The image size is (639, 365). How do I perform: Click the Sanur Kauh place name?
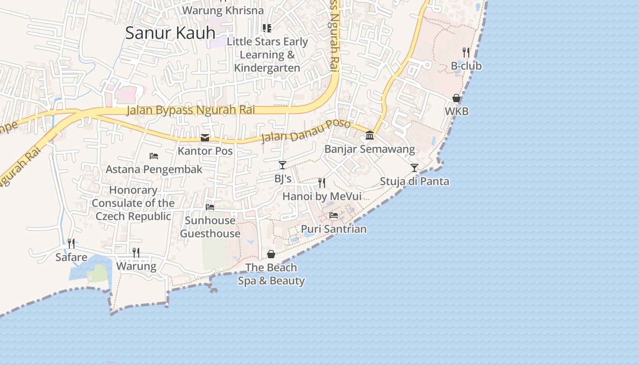tap(170, 33)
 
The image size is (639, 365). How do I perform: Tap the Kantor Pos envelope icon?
tap(205, 138)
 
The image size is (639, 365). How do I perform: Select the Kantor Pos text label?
tap(205, 151)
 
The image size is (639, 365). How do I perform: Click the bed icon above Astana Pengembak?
tap(154, 156)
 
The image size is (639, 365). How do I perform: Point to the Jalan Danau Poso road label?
tap(306, 131)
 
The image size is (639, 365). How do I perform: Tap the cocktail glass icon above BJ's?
tap(283, 165)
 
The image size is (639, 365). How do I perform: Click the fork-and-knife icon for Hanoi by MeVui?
tap(322, 183)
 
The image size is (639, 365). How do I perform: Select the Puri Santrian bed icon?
tap(334, 215)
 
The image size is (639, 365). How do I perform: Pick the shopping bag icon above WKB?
tap(456, 98)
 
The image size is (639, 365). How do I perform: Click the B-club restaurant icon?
tap(466, 52)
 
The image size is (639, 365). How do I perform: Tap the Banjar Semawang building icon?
tap(370, 136)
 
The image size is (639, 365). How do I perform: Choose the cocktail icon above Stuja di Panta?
tap(414, 168)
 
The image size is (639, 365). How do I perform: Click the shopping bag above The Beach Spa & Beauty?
tap(271, 254)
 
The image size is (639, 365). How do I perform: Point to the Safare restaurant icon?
tap(71, 244)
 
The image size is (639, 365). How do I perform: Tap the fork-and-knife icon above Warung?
tap(136, 252)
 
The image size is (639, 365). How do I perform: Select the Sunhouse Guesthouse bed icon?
tap(210, 207)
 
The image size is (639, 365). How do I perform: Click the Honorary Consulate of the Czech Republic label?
tap(133, 203)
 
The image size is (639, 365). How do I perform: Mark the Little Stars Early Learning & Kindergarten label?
tap(267, 55)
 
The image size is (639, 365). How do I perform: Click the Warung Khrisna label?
tap(223, 10)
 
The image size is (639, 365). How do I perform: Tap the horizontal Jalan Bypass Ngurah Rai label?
tap(190, 110)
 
